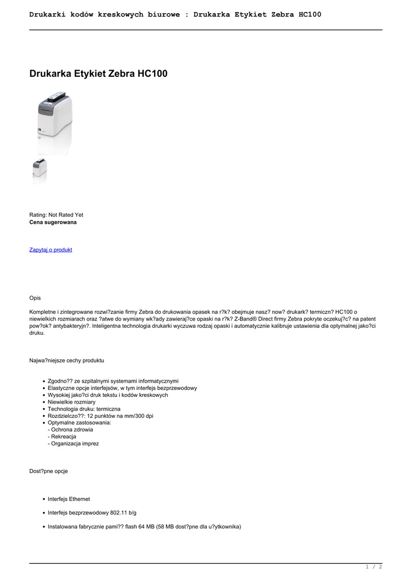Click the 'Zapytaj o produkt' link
point(51,250)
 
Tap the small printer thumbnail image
point(39,171)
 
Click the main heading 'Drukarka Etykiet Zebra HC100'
point(98,74)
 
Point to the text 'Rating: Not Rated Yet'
point(56,215)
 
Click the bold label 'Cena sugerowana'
point(53,222)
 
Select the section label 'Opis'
point(35,298)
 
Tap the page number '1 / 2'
point(373,567)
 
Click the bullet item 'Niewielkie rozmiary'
point(72,402)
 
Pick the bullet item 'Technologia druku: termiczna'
point(84,409)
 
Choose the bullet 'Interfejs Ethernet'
point(69,499)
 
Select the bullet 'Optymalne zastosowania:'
point(80,423)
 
